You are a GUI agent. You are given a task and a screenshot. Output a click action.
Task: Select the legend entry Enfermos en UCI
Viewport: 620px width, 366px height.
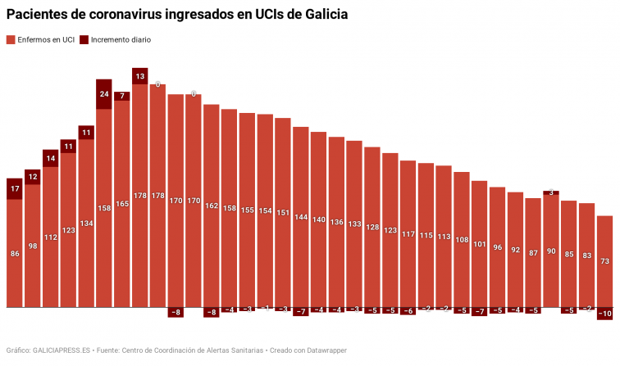pyautogui.click(x=40, y=39)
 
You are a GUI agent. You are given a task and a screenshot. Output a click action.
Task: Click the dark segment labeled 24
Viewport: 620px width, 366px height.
pyautogui.click(x=103, y=94)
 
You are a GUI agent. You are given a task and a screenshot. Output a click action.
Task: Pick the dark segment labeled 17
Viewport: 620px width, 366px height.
pyautogui.click(x=15, y=189)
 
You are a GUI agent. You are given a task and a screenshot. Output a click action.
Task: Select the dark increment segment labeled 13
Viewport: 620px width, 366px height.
pyautogui.click(x=139, y=76)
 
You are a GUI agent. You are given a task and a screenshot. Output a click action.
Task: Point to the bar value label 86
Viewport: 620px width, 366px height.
pyautogui.click(x=15, y=254)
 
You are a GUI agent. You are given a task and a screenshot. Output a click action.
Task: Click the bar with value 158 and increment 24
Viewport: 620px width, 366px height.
pyautogui.click(x=103, y=208)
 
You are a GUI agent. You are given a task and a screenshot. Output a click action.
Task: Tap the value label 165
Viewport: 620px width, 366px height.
pyautogui.click(x=121, y=204)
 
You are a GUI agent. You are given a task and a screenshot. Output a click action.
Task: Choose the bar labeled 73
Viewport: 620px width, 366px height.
pyautogui.click(x=604, y=261)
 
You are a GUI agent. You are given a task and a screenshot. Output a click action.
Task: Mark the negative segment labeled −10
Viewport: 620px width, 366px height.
pyautogui.click(x=604, y=314)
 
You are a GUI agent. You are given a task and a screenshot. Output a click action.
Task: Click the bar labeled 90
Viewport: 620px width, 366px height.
pyautogui.click(x=551, y=251)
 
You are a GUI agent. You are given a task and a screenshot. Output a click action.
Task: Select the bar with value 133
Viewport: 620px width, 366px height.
pyautogui.click(x=354, y=224)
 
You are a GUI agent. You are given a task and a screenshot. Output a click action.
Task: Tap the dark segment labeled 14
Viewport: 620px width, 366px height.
pyautogui.click(x=51, y=158)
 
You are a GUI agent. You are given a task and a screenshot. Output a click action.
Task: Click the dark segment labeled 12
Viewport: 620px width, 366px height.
pyautogui.click(x=33, y=176)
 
